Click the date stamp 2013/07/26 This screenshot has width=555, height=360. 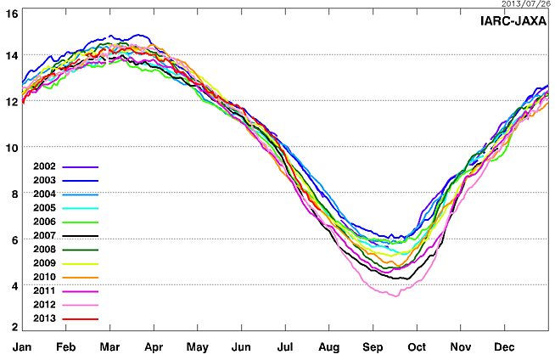[x=524, y=4]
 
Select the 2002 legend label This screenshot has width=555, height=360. [x=44, y=166]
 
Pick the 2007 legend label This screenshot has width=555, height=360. [x=44, y=235]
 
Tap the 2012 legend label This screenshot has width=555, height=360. [x=44, y=304]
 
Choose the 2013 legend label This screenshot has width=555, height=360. [x=44, y=318]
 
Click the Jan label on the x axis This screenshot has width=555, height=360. [x=22, y=347]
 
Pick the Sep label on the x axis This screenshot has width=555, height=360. [x=373, y=347]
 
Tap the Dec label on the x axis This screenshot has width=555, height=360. [x=505, y=347]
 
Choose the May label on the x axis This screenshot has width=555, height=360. [x=198, y=347]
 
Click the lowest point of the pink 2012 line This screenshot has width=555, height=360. [x=395, y=295]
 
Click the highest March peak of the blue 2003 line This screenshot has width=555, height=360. [x=136, y=36]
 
